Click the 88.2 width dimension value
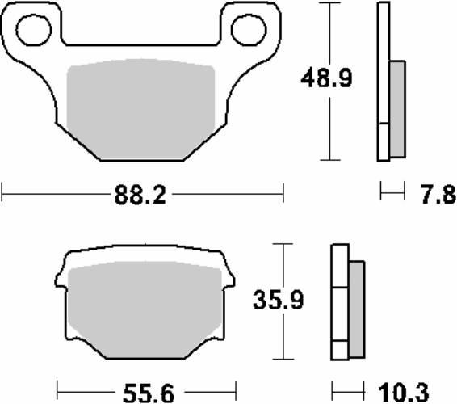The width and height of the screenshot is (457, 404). [x=143, y=195]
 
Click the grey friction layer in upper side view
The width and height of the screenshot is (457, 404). [x=397, y=109]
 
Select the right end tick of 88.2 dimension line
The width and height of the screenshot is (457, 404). [x=283, y=194]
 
